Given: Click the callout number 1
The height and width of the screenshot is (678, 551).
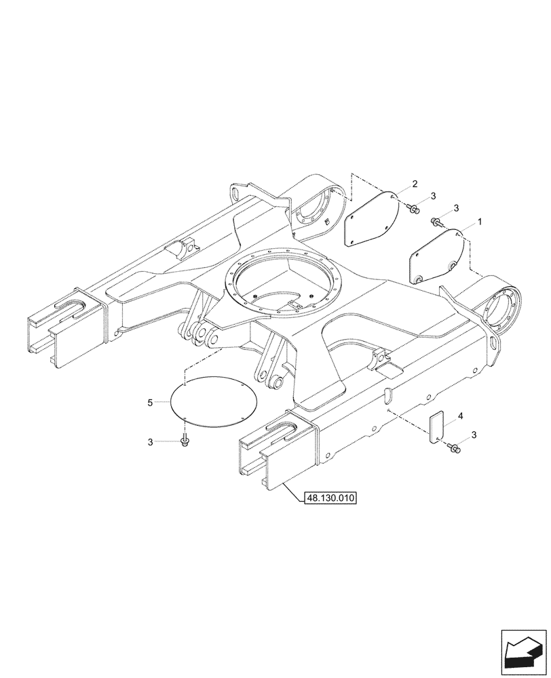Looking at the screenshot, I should point(480,222).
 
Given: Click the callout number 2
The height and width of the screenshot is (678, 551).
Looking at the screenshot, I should point(415,184).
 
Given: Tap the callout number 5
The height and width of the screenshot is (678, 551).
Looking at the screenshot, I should point(149,403).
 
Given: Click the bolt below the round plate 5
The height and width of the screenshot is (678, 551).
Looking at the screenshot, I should point(185,442).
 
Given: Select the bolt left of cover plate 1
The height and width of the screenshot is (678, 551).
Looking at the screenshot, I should point(437,220).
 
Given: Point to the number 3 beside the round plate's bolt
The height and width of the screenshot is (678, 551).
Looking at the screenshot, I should point(150,442).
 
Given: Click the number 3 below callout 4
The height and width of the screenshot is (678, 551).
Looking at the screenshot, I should point(474,435).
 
